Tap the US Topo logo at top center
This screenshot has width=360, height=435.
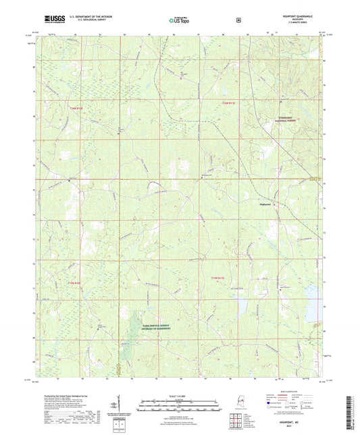pos(179,21)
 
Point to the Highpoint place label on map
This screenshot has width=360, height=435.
pos(268,203)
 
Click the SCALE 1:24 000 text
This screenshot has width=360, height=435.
pos(179,396)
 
